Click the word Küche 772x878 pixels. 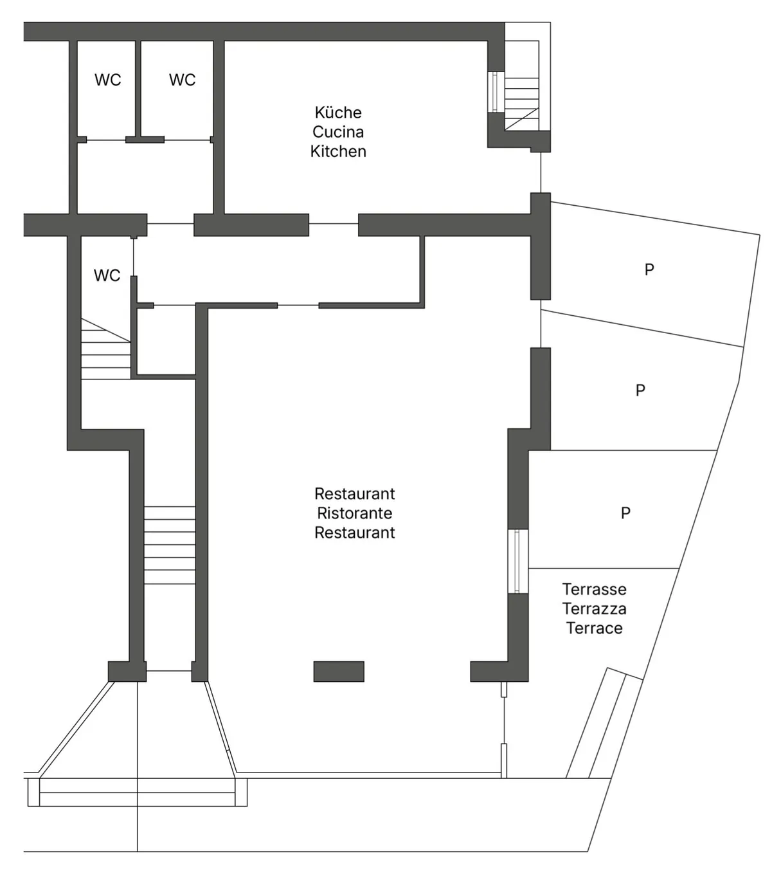point(338,112)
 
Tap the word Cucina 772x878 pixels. point(338,132)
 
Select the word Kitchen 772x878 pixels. point(338,151)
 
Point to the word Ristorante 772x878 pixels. point(354,513)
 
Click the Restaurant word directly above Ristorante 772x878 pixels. point(354,493)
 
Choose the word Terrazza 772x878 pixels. point(595,609)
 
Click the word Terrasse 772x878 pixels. point(595,589)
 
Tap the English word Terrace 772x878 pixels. point(595,628)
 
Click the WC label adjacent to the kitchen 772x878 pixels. point(182,80)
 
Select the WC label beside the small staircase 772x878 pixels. point(107,275)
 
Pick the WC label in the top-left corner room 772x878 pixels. point(108,80)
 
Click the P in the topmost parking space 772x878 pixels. point(649,270)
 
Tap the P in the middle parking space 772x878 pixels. point(640,390)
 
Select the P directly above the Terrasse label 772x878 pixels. point(625,513)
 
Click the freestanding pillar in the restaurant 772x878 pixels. point(339,672)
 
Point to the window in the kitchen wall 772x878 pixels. point(496,92)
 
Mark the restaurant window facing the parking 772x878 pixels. point(517,561)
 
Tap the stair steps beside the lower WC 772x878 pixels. point(105,349)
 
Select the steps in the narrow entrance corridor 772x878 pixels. point(170,545)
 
